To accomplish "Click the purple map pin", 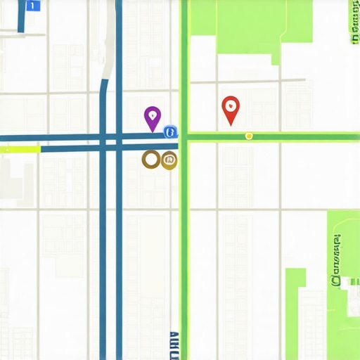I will click(152, 117).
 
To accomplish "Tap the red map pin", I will click(230, 109).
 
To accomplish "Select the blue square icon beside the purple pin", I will click(169, 131).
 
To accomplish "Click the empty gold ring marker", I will click(150, 160).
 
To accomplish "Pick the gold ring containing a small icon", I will click(169, 160).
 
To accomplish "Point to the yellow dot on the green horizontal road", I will click(248, 135).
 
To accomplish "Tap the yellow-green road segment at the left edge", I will click(21, 148).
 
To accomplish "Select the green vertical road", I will click(184, 246).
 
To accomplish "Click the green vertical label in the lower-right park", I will click(336, 260).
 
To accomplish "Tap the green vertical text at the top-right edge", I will click(351, 28).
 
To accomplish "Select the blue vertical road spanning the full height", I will click(119, 246).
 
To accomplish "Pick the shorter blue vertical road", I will click(103, 246).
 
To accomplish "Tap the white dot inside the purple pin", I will click(152, 114).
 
